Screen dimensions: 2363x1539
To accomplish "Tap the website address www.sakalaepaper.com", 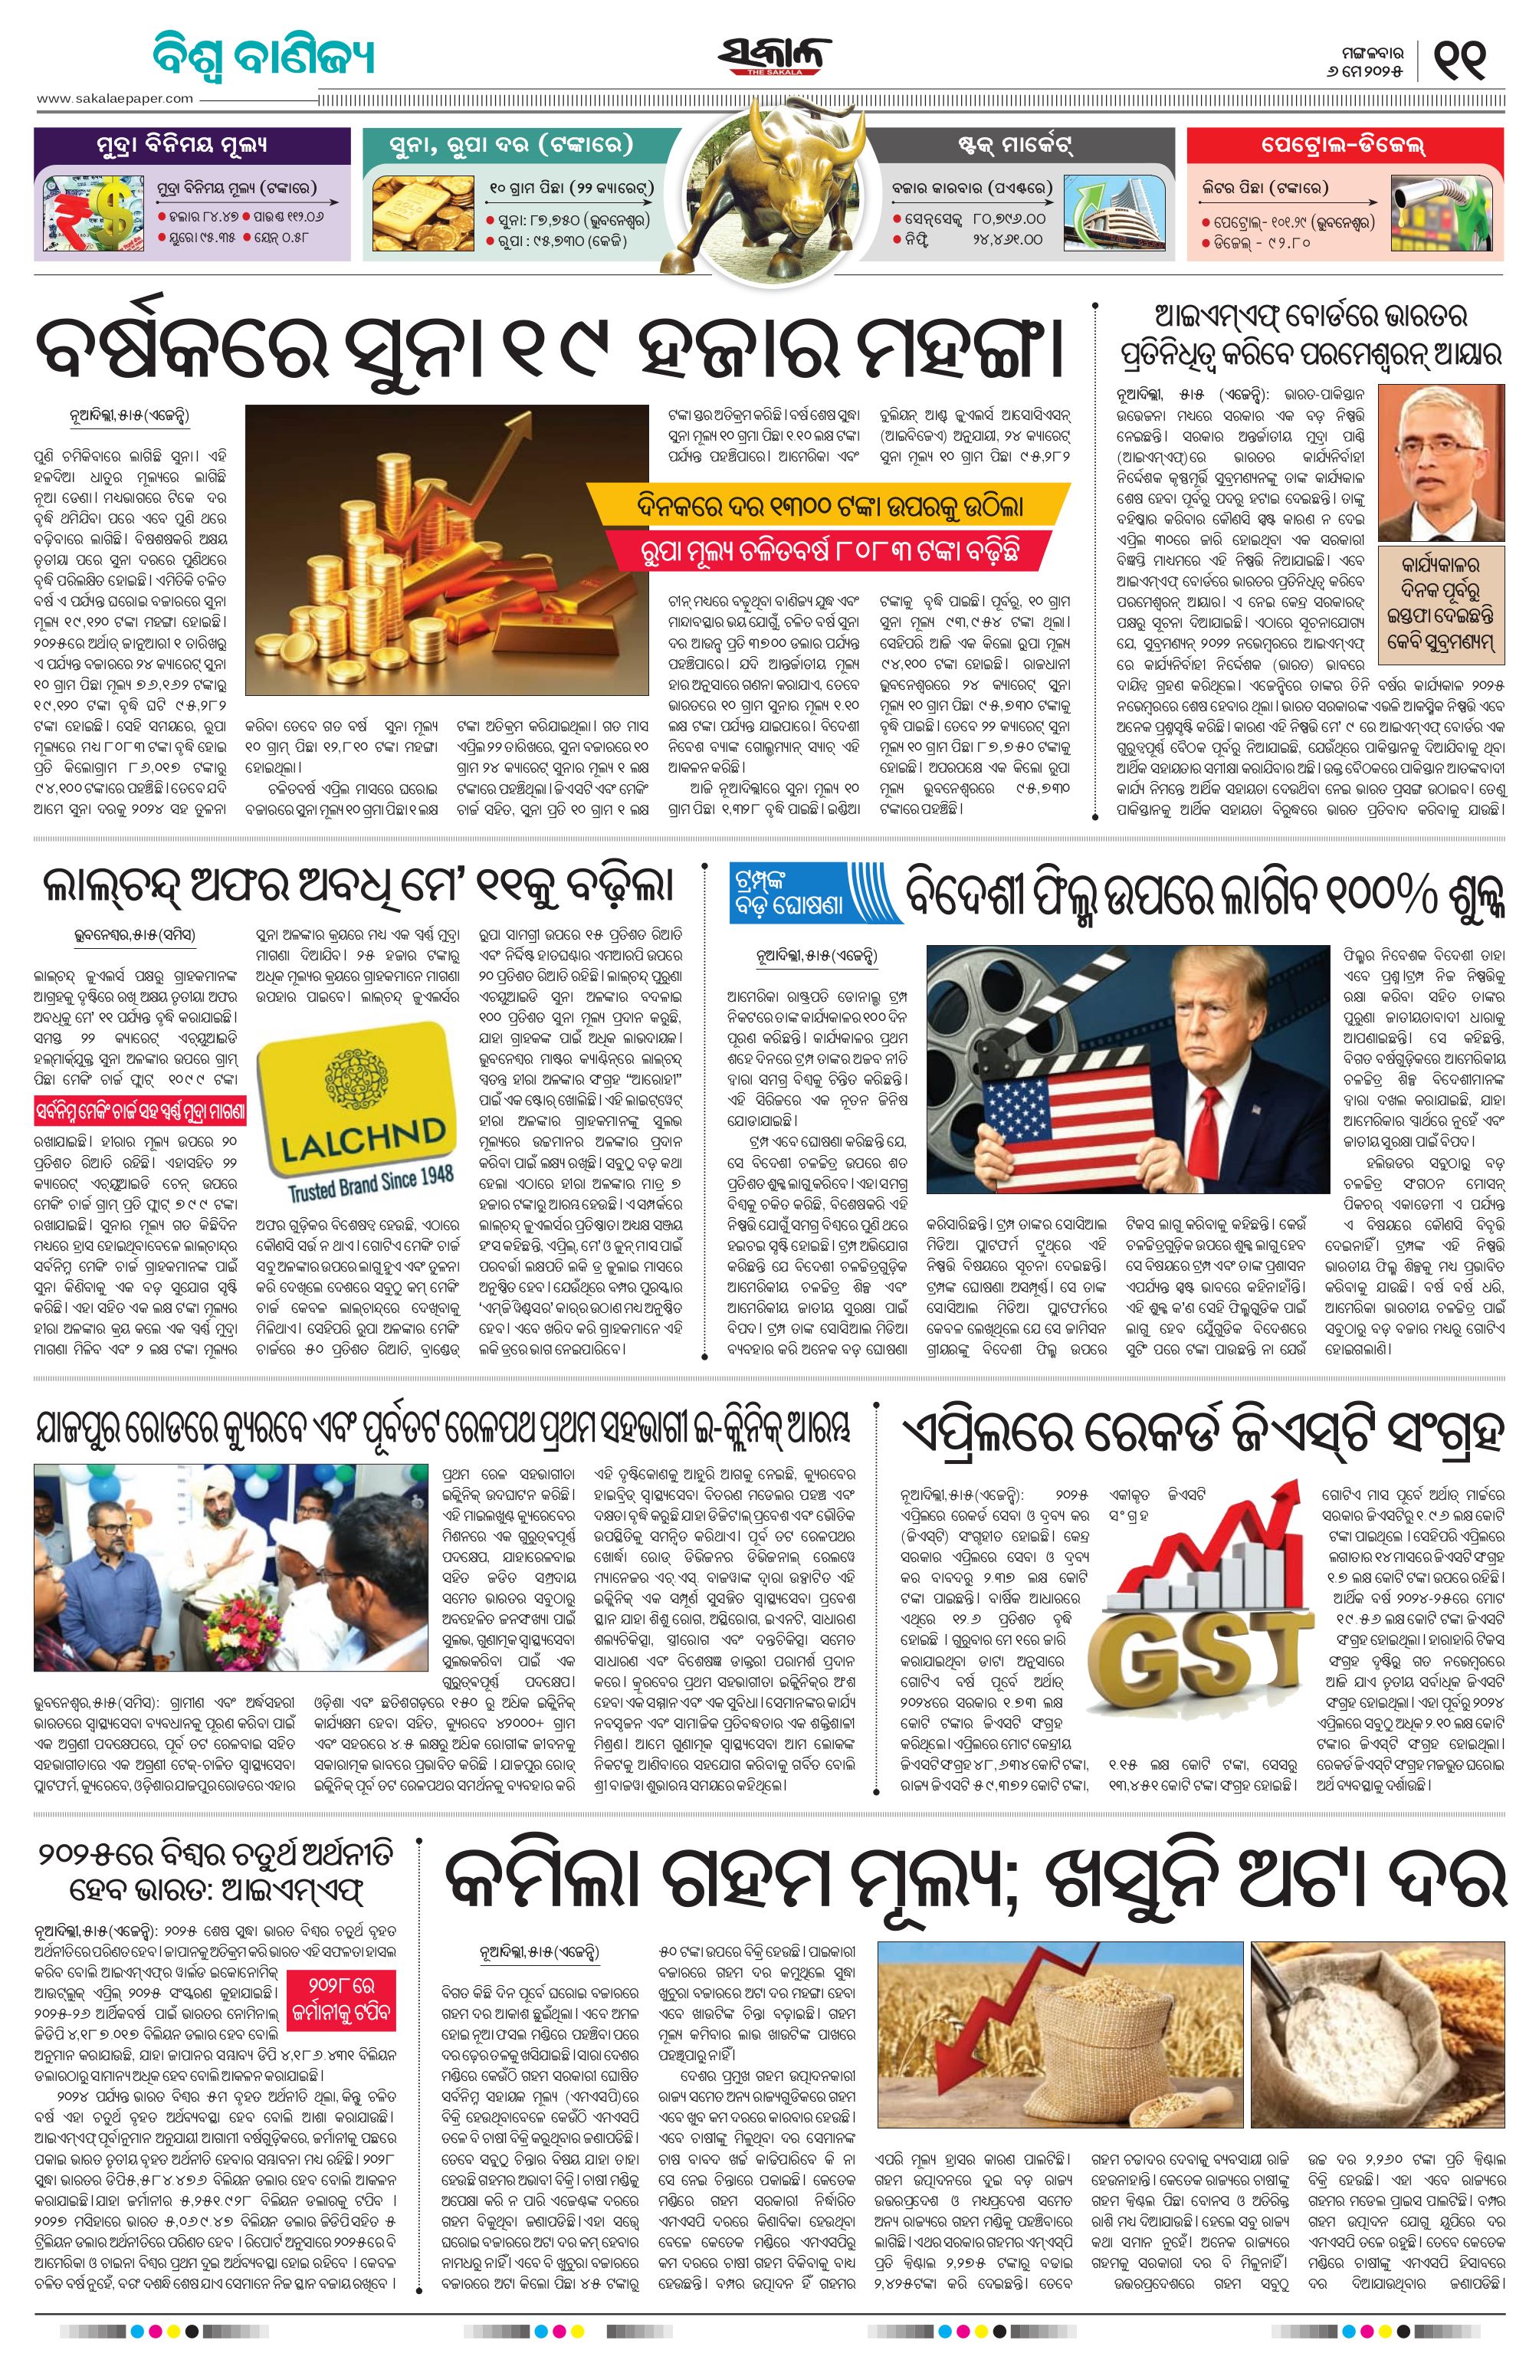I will click(x=115, y=97).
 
